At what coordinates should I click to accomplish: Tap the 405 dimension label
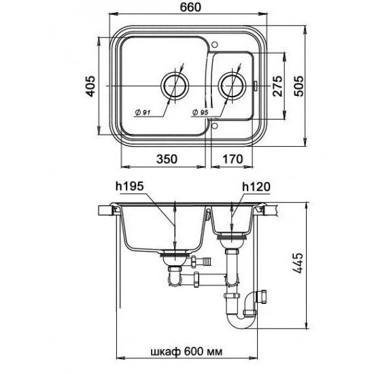pyautogui.click(x=91, y=86)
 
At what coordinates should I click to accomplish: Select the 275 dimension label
pyautogui.click(x=277, y=86)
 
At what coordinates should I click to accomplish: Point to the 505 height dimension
pyautogui.click(x=299, y=86)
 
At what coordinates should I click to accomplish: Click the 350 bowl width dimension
pyautogui.click(x=167, y=159)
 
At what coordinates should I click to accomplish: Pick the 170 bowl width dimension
pyautogui.click(x=233, y=159)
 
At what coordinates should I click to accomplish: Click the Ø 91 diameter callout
pyautogui.click(x=142, y=112)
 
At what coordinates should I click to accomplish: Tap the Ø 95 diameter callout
pyautogui.click(x=201, y=112)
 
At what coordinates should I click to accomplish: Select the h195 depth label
pyautogui.click(x=129, y=186)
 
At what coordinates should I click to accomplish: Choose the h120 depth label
pyautogui.click(x=256, y=187)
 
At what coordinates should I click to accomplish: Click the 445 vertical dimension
pyautogui.click(x=299, y=263)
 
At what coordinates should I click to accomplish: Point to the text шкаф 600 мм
pyautogui.click(x=186, y=352)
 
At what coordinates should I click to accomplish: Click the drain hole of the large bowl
pyautogui.click(x=175, y=85)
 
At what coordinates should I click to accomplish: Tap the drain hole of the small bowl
pyautogui.click(x=232, y=85)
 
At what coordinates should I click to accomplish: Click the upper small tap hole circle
pyautogui.click(x=214, y=44)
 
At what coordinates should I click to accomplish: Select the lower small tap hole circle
pyautogui.click(x=214, y=126)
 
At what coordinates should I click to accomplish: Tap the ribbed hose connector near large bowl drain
pyautogui.click(x=205, y=260)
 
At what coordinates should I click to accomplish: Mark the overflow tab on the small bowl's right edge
pyautogui.click(x=255, y=86)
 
